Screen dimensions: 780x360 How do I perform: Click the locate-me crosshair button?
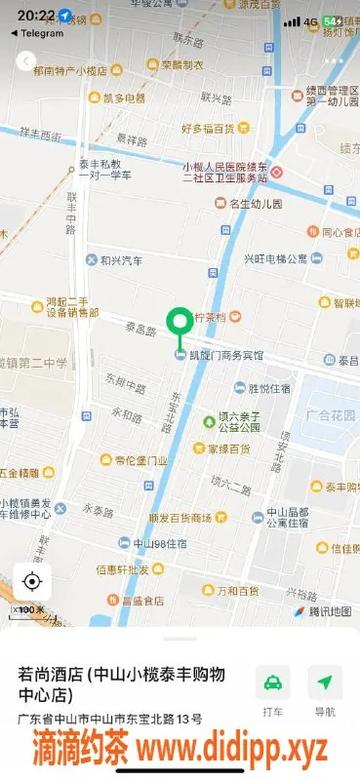pos(31,582)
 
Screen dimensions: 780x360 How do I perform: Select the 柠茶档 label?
pos(212,318)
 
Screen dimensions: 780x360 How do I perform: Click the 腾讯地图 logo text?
pos(330,611)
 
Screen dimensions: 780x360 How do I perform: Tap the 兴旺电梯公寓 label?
pos(275,258)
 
